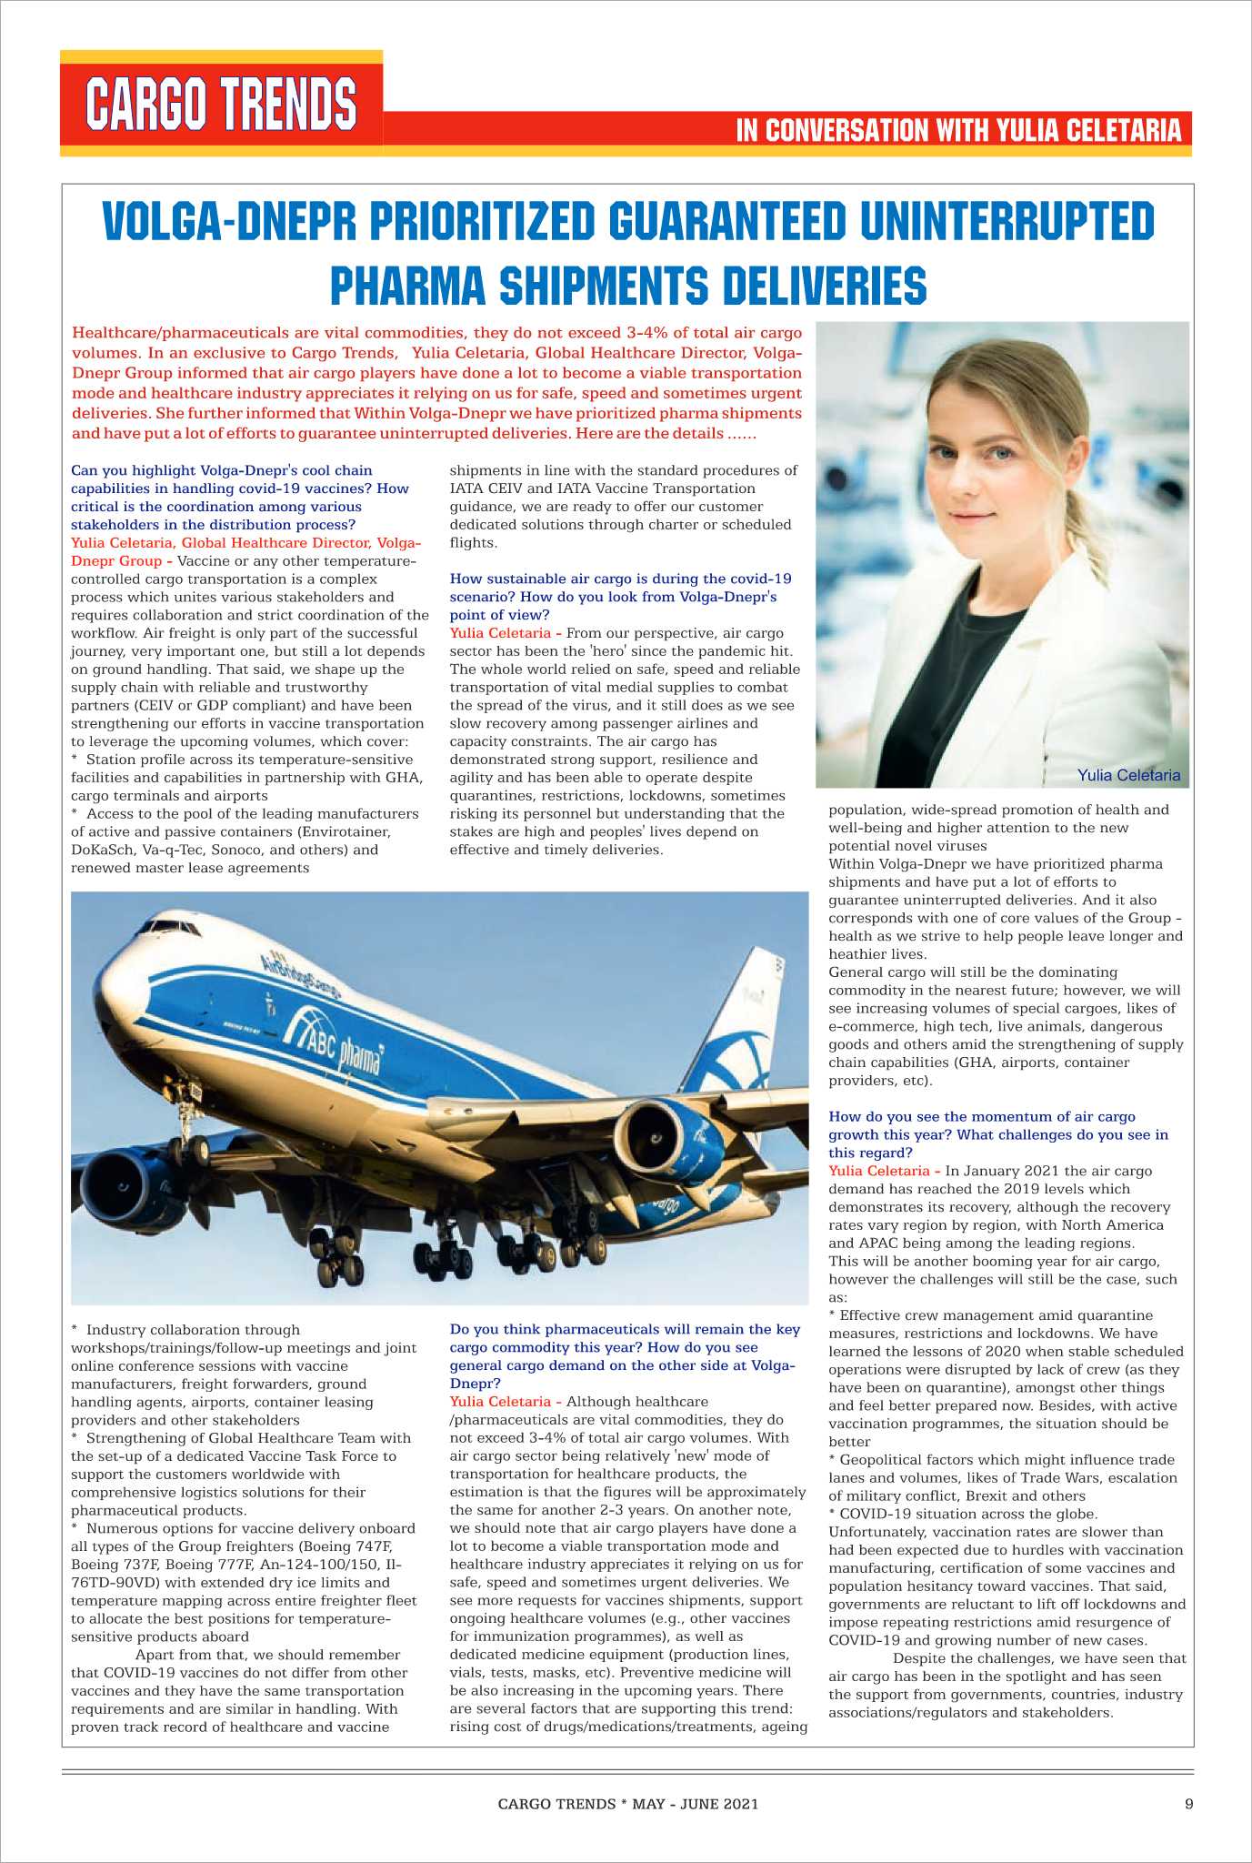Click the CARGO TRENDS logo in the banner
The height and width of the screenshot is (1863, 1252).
click(221, 104)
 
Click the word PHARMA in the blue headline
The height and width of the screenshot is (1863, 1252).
click(413, 285)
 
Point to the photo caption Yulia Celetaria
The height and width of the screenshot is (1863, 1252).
click(1128, 775)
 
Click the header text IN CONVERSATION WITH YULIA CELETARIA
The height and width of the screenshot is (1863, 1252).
click(958, 131)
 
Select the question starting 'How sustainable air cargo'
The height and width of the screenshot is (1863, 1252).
click(620, 596)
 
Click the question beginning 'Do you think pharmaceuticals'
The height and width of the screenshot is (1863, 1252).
click(624, 1355)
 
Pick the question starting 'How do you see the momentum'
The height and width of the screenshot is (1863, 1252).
click(997, 1133)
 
